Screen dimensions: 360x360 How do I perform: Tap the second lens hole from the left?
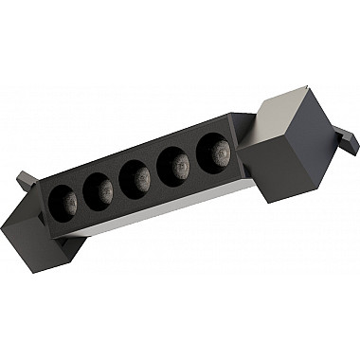(99, 188)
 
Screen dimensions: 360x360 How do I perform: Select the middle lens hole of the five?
(135, 176)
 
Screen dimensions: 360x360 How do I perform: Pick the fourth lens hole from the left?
(173, 164)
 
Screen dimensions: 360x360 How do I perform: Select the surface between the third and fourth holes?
(154, 171)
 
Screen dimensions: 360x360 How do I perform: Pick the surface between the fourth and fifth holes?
(194, 157)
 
